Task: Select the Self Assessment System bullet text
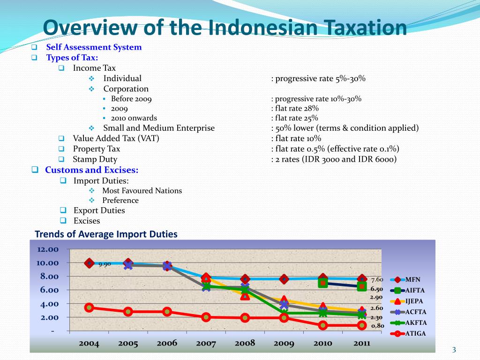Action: (x=94, y=47)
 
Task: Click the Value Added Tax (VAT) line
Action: (x=116, y=138)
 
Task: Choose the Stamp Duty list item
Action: (x=95, y=159)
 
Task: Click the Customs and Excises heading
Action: (x=91, y=170)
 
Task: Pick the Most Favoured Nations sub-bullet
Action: (x=142, y=191)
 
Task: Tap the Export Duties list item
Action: (x=99, y=210)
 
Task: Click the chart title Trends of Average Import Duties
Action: (x=106, y=234)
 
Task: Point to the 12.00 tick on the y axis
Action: (x=47, y=249)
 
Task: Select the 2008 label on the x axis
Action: (x=245, y=343)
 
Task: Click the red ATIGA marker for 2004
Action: (x=89, y=307)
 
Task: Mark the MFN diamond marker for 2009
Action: (x=284, y=279)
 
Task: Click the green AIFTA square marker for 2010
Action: (x=323, y=283)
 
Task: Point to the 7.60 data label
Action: (x=377, y=279)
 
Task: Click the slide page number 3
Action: (x=454, y=350)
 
